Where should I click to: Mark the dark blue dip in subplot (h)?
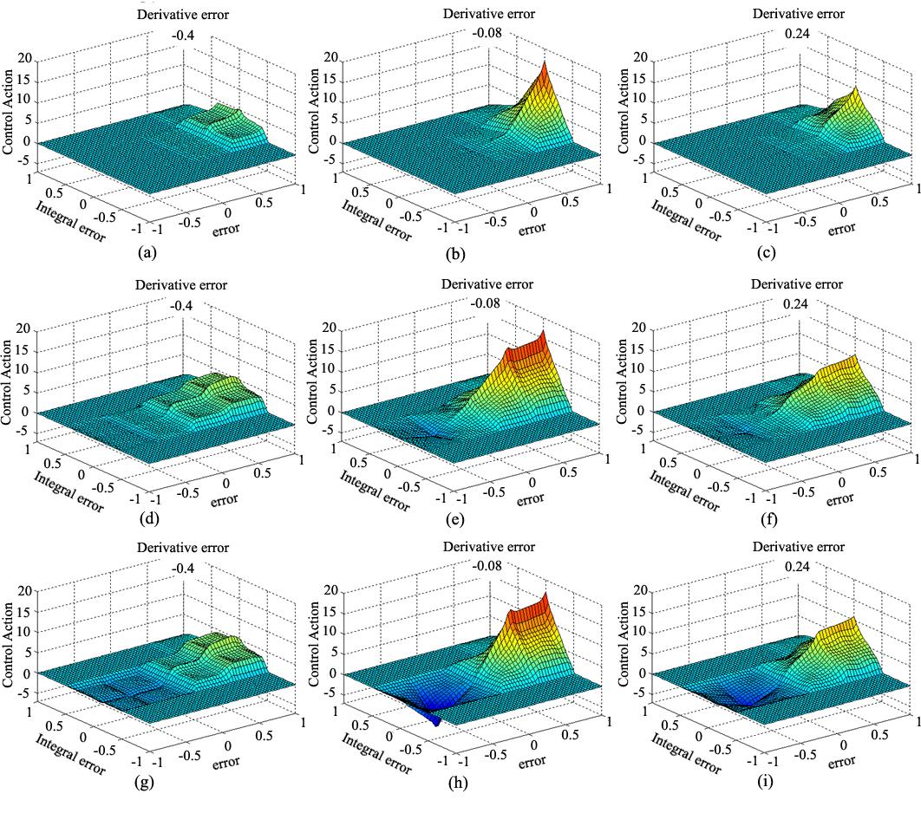[x=435, y=716]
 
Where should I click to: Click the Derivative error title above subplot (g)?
[x=182, y=548]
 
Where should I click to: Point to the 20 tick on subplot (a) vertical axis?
[x=25, y=60]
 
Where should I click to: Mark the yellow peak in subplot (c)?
[x=854, y=91]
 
